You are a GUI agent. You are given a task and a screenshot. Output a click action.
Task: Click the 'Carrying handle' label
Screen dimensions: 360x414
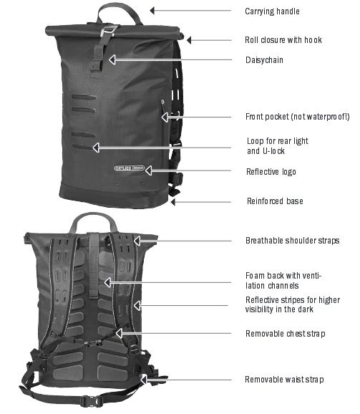272,11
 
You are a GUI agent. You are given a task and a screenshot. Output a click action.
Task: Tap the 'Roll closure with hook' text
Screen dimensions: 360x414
283,40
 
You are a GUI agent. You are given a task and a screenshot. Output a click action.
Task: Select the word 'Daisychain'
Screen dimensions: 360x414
264,60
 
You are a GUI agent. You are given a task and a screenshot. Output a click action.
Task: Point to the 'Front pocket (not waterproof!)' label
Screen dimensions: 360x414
298,117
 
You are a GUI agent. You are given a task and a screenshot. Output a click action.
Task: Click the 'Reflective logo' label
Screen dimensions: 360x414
271,172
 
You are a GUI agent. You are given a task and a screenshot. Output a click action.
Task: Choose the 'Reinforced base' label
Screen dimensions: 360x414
275,201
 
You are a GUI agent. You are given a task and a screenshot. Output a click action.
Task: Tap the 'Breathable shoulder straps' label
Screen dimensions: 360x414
293,241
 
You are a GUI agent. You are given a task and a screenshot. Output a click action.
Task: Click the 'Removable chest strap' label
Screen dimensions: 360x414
285,334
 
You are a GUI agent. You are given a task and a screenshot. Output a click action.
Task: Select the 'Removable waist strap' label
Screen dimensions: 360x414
284,380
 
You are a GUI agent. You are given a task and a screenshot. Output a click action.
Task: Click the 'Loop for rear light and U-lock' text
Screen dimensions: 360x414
278,145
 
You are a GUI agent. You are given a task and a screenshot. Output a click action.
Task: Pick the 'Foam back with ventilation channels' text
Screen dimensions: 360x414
283,280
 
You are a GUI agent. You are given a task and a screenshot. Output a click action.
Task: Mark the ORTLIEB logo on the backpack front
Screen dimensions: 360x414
130,168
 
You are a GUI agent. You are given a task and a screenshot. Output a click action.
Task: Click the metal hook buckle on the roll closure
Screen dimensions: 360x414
109,30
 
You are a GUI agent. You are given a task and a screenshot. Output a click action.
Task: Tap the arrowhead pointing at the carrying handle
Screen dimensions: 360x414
152,11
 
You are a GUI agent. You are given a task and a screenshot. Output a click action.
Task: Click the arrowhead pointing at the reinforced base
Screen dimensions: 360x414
173,202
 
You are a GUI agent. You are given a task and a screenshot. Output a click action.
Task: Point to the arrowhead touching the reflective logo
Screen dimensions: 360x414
148,170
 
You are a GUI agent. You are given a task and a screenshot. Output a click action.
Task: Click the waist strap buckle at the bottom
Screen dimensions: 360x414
92,401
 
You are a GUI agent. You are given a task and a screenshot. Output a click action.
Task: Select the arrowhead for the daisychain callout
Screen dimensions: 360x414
112,59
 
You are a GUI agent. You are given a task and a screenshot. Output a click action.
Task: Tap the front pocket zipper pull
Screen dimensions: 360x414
162,102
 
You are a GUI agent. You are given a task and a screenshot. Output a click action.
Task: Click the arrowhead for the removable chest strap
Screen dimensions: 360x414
119,333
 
